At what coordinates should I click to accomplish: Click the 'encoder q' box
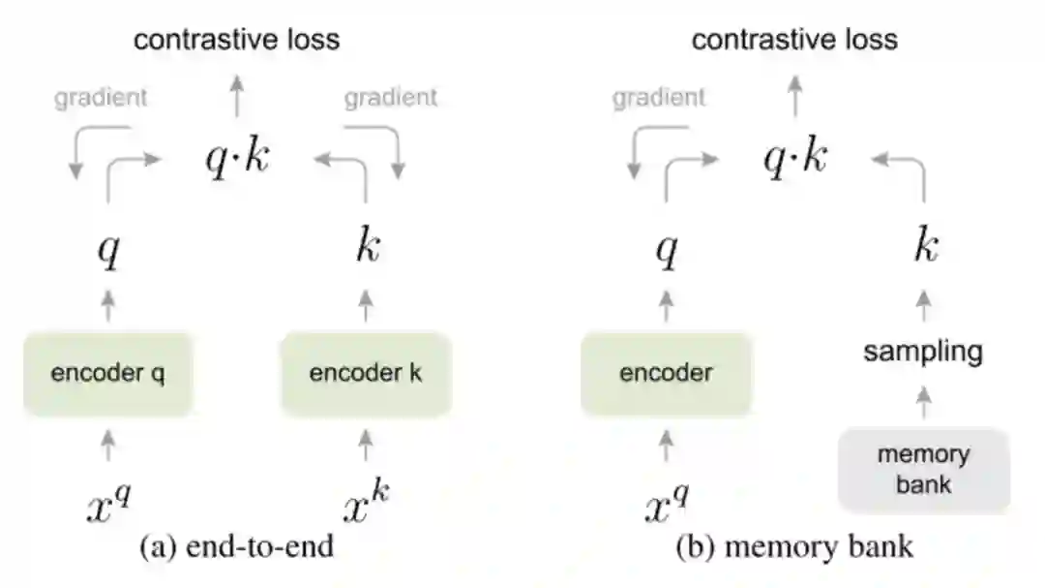pyautogui.click(x=108, y=374)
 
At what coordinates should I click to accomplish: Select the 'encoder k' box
pyautogui.click(x=366, y=374)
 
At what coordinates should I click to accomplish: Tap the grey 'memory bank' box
pyautogui.click(x=923, y=469)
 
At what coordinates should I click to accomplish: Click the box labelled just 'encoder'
pyautogui.click(x=666, y=374)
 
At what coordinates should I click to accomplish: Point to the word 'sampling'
pyautogui.click(x=923, y=351)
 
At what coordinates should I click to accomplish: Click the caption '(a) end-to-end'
pyautogui.click(x=237, y=546)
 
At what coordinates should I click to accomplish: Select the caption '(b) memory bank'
pyautogui.click(x=794, y=546)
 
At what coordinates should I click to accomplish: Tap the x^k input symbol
pyautogui.click(x=366, y=503)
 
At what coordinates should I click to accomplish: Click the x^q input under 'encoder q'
pyautogui.click(x=108, y=503)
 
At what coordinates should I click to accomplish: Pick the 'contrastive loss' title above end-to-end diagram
pyautogui.click(x=237, y=40)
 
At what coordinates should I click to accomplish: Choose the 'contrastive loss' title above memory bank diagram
pyautogui.click(x=794, y=40)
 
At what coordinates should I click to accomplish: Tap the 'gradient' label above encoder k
pyautogui.click(x=391, y=97)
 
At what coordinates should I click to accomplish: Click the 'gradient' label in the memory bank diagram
pyautogui.click(x=659, y=97)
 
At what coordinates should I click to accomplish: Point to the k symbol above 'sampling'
pyautogui.click(x=924, y=247)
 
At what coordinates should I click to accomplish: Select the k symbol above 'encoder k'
pyautogui.click(x=366, y=247)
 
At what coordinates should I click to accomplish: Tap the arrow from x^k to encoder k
pyautogui.click(x=366, y=447)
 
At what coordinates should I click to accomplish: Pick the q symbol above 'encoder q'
pyautogui.click(x=108, y=250)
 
